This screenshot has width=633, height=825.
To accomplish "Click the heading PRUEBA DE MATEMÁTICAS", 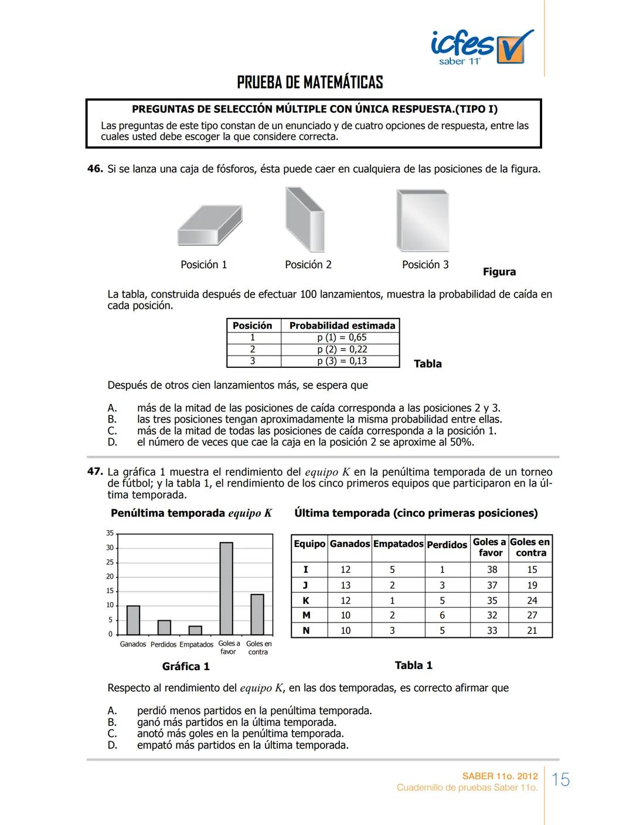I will [310, 82].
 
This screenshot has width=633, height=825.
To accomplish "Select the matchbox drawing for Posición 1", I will [210, 225].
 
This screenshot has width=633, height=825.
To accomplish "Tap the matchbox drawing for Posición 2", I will [304, 219].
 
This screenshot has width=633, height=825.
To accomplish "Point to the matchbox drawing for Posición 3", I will [423, 221].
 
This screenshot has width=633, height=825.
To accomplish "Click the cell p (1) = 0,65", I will [342, 337].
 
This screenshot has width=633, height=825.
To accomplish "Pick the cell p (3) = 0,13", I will [342, 361].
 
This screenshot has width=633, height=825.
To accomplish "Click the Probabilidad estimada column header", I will [342, 325].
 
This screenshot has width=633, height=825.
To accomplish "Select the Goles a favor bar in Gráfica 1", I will [226, 589].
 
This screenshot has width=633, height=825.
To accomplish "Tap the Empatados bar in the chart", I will [195, 630].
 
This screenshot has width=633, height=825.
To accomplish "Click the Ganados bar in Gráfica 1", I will [134, 620].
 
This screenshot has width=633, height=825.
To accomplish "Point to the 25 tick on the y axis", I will [110, 562].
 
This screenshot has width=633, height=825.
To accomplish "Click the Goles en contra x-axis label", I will [258, 648].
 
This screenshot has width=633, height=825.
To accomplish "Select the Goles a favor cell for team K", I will [492, 600].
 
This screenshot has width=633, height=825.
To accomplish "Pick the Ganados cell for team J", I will [346, 585].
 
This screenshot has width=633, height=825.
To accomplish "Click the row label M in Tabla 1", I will [306, 615].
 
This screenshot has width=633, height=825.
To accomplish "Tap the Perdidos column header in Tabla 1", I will [447, 545].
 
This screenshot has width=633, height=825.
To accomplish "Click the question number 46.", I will [95, 169].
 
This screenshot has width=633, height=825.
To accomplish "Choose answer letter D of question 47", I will [112, 745].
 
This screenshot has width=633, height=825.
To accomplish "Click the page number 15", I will [561, 780].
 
